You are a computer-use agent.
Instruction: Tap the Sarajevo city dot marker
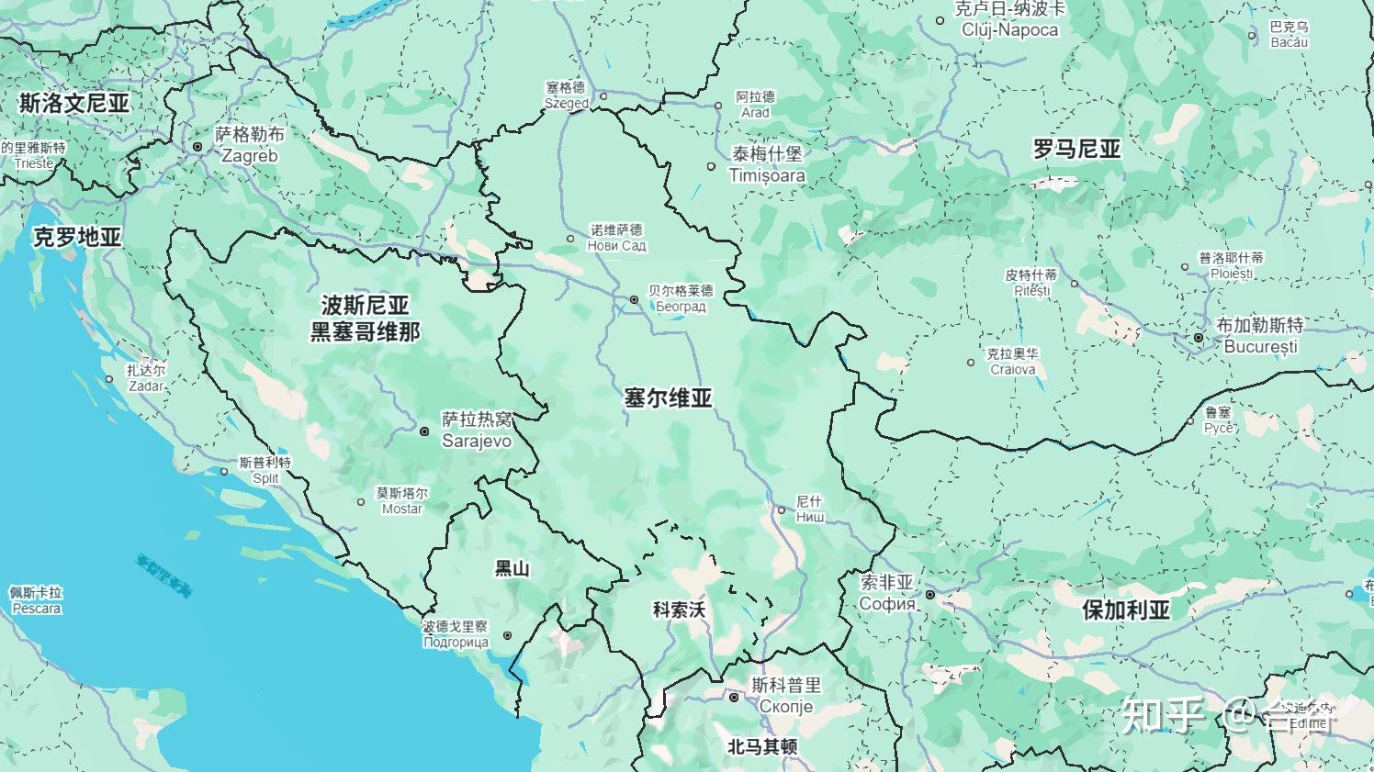424,431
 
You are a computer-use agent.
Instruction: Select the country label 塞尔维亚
668,398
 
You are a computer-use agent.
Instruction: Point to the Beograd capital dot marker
634,300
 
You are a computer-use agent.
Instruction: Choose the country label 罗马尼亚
1076,149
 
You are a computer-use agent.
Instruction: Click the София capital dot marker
929,595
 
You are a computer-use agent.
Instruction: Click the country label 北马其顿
761,747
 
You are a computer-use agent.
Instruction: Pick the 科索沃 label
679,610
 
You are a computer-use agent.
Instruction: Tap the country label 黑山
512,569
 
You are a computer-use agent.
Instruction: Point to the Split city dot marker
224,472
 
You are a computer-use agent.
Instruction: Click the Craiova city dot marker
971,363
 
